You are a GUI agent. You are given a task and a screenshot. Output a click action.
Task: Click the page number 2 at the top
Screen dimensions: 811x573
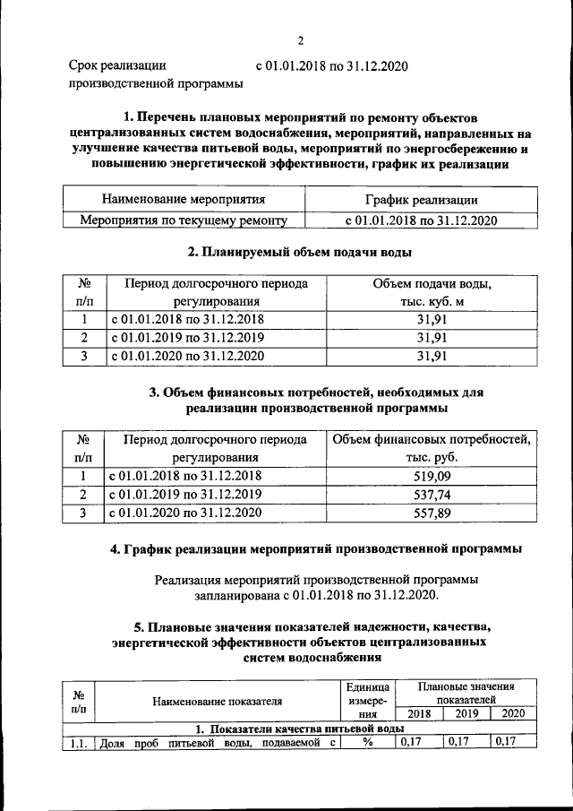point(302,40)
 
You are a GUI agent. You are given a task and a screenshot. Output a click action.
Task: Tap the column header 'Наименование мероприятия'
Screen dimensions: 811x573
point(184,200)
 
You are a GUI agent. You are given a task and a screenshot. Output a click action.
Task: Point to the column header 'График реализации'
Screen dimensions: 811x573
point(421,200)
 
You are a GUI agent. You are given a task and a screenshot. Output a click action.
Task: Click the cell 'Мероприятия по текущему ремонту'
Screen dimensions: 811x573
point(184,219)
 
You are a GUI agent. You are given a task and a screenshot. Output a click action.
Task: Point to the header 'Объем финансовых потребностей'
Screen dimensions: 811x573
point(432,440)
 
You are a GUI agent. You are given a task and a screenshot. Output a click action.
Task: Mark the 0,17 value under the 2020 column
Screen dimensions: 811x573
point(507,742)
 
